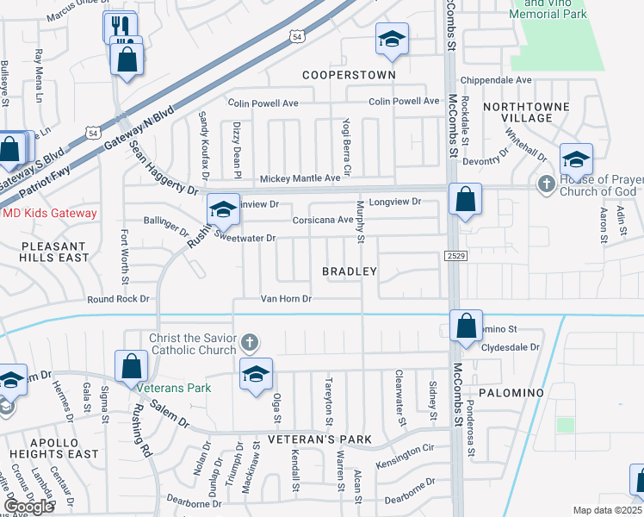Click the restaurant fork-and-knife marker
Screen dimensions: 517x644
[120, 26]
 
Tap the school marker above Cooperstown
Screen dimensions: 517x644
[392, 40]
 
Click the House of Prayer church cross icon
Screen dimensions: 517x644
[545, 184]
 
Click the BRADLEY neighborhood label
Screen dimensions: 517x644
[350, 271]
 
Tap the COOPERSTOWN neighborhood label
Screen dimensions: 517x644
[349, 75]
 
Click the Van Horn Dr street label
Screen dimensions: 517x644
[286, 299]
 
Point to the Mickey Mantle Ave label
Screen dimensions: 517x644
[300, 178]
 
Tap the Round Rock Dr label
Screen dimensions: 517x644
[118, 299]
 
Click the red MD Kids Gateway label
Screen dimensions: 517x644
[50, 213]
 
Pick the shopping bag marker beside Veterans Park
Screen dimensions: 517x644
[132, 366]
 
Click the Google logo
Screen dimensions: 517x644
[28, 507]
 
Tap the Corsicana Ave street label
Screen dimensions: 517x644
[323, 220]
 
